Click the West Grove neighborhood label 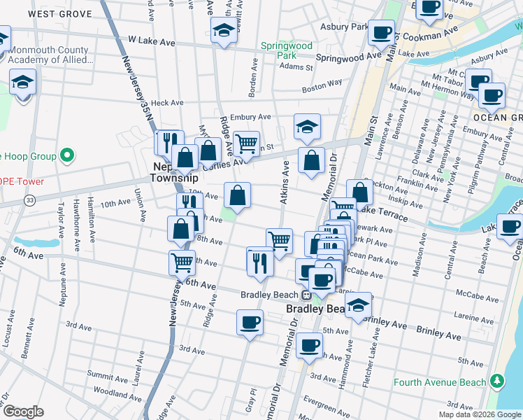point(62,13)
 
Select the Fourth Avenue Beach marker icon point(496,381)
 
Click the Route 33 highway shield point(29,201)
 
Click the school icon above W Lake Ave point(223,29)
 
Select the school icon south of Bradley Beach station point(358,305)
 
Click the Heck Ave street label point(166,103)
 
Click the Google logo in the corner point(24,412)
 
